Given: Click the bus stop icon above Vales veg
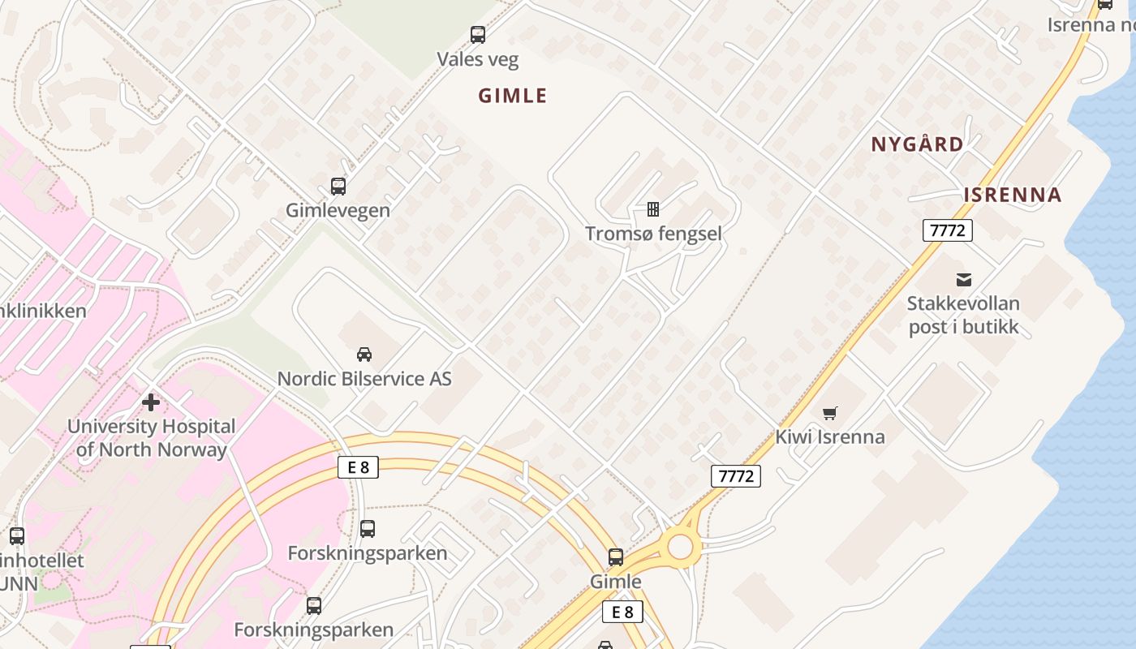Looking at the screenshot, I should tap(478, 35).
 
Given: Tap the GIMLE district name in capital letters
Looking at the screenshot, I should tap(513, 96).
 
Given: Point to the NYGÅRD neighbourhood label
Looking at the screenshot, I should tap(917, 144).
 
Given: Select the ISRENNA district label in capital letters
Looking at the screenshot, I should tap(1013, 195).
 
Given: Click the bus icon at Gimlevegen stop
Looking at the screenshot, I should tap(338, 187).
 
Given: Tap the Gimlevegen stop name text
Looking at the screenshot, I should tap(338, 210).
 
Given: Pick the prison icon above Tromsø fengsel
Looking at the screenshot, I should tap(653, 209).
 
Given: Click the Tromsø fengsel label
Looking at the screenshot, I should tap(653, 234).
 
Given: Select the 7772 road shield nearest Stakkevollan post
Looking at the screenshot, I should tap(947, 230).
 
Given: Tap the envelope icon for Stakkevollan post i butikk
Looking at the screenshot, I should tap(963, 280).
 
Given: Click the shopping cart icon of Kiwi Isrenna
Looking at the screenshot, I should tap(829, 414).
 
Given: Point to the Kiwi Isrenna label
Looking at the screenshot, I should tap(829, 436).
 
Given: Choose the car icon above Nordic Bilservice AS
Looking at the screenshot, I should tap(364, 354).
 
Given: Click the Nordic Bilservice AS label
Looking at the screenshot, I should tap(364, 379).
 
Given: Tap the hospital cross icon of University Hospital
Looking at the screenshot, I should tap(151, 402).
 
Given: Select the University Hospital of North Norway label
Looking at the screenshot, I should tap(151, 437).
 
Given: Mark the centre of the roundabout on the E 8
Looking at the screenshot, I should tap(680, 547).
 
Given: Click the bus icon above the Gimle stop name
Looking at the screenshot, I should tap(616, 557).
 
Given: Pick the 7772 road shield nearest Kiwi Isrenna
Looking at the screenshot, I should tap(736, 476).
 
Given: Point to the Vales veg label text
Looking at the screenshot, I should tap(478, 59).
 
